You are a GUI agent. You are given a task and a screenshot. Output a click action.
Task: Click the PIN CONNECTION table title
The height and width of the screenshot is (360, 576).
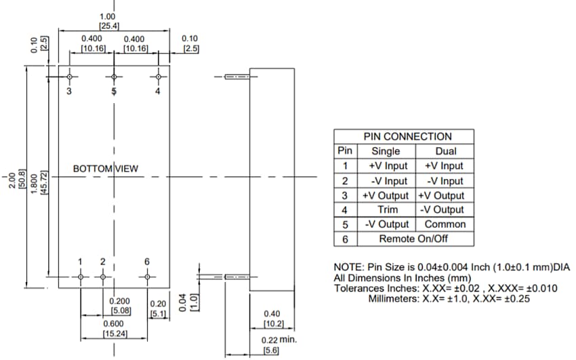point(407,136)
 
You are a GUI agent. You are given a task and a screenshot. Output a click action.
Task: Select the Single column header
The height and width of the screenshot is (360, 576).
point(386,151)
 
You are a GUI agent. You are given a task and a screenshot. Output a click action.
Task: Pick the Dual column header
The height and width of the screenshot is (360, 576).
point(445,151)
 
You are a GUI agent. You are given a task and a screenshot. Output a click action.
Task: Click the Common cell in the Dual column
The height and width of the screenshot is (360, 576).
point(445,224)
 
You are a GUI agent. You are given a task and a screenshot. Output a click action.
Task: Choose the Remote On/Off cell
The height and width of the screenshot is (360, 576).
point(413,239)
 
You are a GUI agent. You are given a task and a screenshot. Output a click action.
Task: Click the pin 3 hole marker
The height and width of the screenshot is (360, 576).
point(69,77)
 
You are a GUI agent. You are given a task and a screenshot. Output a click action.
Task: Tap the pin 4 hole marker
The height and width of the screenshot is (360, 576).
point(158,77)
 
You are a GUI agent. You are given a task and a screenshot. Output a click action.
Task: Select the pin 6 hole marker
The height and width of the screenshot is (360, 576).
point(147,277)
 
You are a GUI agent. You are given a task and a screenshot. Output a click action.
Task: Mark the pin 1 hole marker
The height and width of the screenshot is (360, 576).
point(81,277)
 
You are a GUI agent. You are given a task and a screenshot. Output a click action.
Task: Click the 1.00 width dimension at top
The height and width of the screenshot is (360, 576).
point(107,16)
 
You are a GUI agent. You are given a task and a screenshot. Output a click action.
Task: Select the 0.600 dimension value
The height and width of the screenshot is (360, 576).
point(112,324)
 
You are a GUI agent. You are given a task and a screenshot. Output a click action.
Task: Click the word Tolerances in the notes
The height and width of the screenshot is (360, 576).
point(361,288)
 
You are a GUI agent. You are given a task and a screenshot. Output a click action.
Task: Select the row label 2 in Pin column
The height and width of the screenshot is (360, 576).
point(345,181)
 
